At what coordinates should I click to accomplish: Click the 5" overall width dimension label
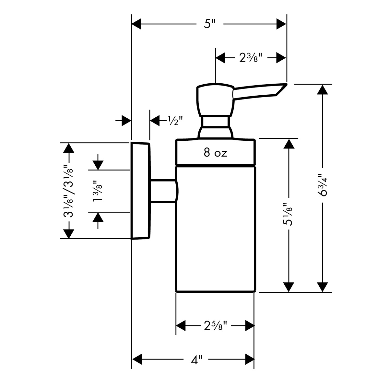[210, 24]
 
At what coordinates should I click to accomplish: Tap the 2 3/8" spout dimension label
[251, 58]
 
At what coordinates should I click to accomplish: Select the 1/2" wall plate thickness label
[175, 121]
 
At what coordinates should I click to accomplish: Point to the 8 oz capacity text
[215, 153]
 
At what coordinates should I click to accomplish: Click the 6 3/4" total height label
[322, 185]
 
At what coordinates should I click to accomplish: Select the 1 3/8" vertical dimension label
[98, 191]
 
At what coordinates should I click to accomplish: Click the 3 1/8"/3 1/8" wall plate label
[68, 191]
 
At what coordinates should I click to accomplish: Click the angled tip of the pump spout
[287, 84]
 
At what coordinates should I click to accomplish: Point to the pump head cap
[215, 100]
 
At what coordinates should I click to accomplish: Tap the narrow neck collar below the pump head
[216, 122]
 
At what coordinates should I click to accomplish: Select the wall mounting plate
[141, 191]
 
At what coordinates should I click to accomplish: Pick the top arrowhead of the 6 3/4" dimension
[322, 89]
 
